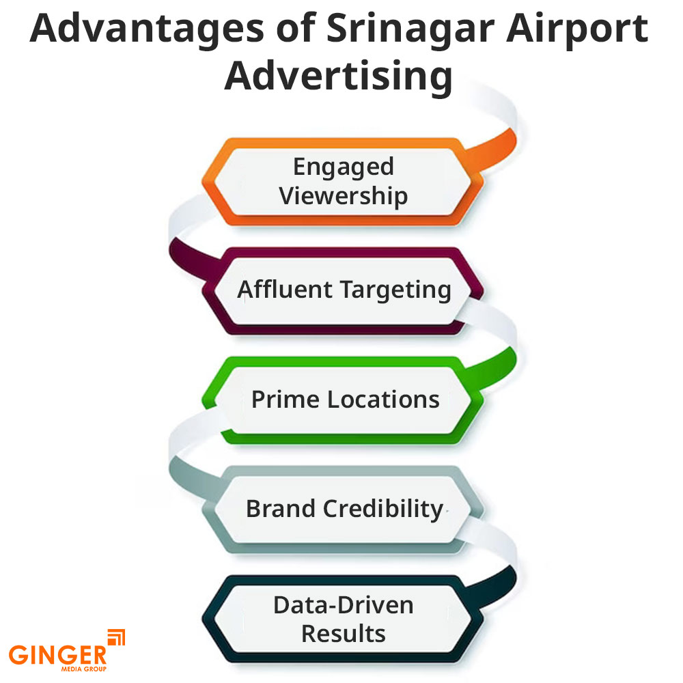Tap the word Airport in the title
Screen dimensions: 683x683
581,31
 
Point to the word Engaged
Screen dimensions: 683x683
344,167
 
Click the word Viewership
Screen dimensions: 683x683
344,196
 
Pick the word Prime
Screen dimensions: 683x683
285,399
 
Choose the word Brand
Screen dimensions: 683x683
280,509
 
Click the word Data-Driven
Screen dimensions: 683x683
344,604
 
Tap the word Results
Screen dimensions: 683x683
344,633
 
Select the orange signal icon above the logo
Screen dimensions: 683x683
117,637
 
